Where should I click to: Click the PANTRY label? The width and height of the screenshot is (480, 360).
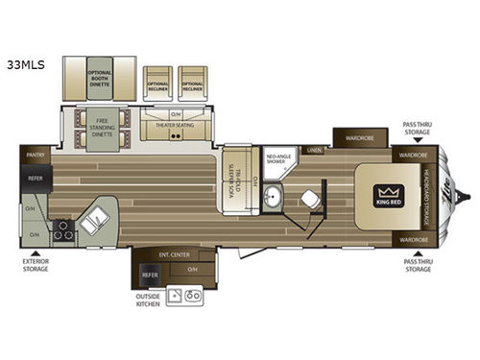point(37,153)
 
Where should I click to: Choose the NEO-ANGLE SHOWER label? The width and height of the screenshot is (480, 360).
point(277,158)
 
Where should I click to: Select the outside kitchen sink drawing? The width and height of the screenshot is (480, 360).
point(183,296)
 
